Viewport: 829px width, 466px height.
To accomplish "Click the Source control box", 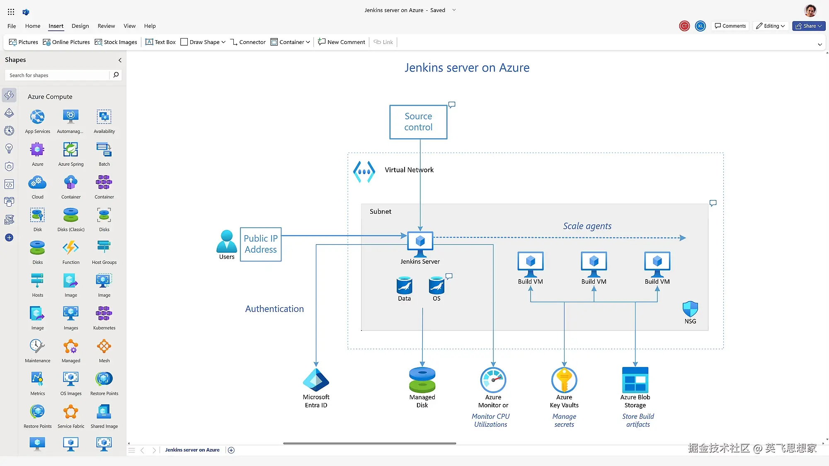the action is click(x=418, y=122).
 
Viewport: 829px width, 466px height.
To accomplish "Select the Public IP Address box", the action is click(x=261, y=244).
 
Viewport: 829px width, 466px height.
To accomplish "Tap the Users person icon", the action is click(x=226, y=241).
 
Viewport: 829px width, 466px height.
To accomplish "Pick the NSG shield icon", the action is click(x=690, y=309).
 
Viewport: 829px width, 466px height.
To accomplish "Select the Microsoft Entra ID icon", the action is click(x=316, y=380).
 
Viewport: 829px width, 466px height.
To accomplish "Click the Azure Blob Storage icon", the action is click(x=635, y=380).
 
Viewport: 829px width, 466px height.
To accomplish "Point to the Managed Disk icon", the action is click(x=422, y=380).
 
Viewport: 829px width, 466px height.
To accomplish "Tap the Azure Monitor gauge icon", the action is click(x=493, y=380).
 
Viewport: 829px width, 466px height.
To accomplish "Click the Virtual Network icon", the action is click(x=364, y=172).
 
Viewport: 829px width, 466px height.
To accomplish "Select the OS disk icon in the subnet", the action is click(x=436, y=285).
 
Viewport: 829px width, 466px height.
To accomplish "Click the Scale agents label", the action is click(x=587, y=226).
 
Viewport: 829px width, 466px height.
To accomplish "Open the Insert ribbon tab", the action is click(x=56, y=26).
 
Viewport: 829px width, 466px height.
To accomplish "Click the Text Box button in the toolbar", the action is click(x=160, y=42).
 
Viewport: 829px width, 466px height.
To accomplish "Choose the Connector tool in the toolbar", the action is click(x=248, y=42).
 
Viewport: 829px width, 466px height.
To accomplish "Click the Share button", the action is click(x=809, y=26).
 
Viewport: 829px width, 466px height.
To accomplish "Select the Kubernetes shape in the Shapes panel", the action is click(x=104, y=317).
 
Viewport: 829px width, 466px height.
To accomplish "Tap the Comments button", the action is click(x=730, y=26).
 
